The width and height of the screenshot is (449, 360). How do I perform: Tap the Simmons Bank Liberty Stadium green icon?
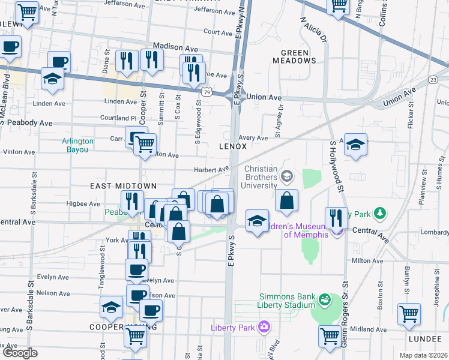pyautogui.click(x=325, y=298)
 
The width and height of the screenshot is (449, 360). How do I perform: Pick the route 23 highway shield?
pyautogui.click(x=433, y=80)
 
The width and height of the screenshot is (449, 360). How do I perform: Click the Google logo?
pyautogui.click(x=20, y=353)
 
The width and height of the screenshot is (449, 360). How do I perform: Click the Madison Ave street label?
pyautogui.click(x=175, y=46)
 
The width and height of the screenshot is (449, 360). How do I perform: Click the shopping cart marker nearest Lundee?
pyautogui.click(x=409, y=314)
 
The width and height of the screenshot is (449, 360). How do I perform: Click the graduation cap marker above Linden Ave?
pyautogui.click(x=53, y=79)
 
